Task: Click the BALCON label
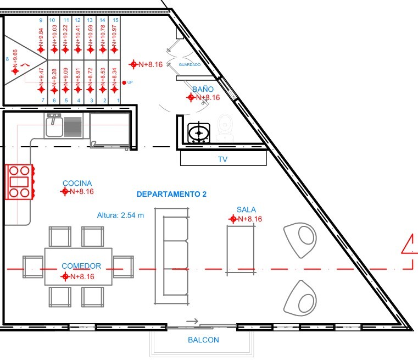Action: [x=203, y=340]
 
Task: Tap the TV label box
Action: [x=223, y=159]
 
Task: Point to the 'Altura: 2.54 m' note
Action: [x=120, y=215]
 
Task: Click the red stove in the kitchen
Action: [x=19, y=181]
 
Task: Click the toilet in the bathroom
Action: [x=225, y=125]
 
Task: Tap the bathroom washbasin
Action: [x=198, y=132]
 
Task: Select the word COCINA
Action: [x=77, y=183]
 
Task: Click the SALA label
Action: [x=246, y=209]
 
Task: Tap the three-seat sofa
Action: [x=173, y=256]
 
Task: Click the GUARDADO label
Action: [x=190, y=65]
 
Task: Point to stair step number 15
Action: [x=115, y=20]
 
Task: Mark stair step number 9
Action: [x=41, y=20]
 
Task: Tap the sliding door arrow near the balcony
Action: [x=192, y=321]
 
